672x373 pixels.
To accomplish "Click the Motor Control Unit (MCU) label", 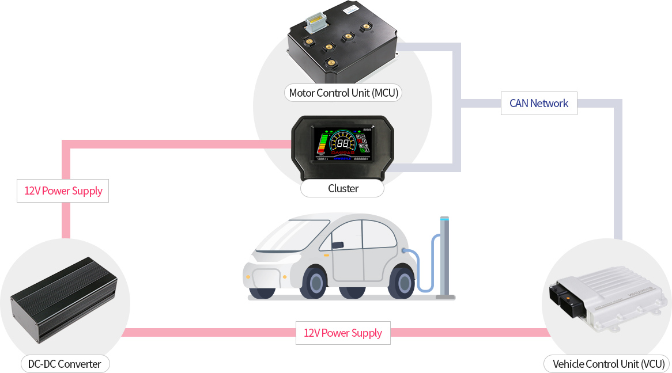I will (343, 93).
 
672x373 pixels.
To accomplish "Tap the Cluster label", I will (343, 189).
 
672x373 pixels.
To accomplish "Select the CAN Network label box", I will (539, 104).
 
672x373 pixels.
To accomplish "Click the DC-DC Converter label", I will (65, 364).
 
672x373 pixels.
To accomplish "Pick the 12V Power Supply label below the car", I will (343, 333).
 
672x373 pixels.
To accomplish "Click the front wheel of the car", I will (315, 283).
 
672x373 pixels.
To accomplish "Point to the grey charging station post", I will (444, 259).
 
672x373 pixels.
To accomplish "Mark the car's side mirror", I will (338, 245).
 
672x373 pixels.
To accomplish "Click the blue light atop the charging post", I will (444, 219).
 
